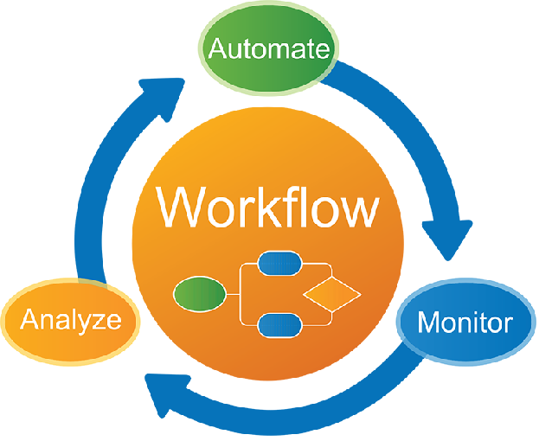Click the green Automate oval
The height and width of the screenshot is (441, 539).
point(268,47)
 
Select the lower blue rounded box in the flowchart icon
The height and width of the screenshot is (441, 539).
point(279,325)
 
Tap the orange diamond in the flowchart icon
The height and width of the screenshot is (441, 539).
point(332,295)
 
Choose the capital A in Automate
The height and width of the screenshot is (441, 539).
point(219,47)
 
